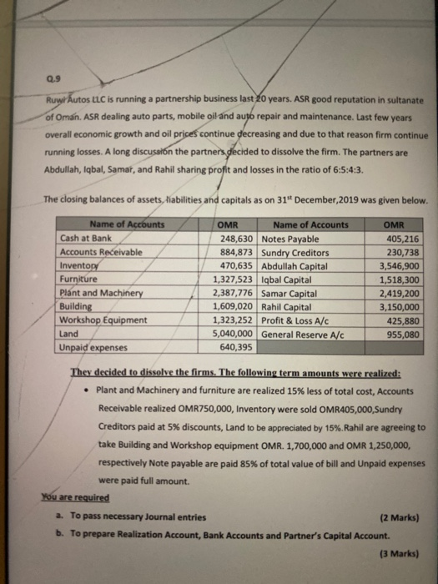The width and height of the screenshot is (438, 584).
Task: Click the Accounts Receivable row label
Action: pyautogui.click(x=101, y=251)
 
